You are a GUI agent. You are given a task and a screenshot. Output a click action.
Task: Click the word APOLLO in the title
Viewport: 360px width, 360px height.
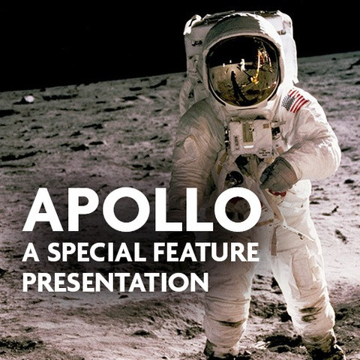(142, 210)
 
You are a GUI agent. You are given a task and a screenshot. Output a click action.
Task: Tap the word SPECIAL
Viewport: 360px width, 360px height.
(97, 252)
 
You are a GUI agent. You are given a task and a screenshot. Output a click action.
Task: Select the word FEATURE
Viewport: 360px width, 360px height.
(206, 252)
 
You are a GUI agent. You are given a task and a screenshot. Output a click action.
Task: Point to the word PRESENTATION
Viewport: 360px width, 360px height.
(115, 282)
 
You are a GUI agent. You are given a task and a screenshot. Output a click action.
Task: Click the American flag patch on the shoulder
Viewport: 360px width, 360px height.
(295, 100)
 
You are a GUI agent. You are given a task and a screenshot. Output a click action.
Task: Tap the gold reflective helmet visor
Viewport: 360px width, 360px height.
(243, 70)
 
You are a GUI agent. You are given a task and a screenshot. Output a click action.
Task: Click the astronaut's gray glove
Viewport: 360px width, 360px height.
(278, 175)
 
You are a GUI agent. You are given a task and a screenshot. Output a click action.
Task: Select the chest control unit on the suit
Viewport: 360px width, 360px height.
(250, 136)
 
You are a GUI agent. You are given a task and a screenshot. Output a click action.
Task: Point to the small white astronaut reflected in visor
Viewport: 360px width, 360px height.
(242, 64)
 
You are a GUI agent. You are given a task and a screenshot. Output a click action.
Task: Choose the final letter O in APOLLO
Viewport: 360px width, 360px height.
(238, 210)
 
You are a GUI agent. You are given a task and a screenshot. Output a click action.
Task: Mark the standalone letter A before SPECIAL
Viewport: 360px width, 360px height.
(31, 252)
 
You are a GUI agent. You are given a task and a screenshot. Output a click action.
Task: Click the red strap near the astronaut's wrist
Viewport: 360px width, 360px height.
(277, 193)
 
